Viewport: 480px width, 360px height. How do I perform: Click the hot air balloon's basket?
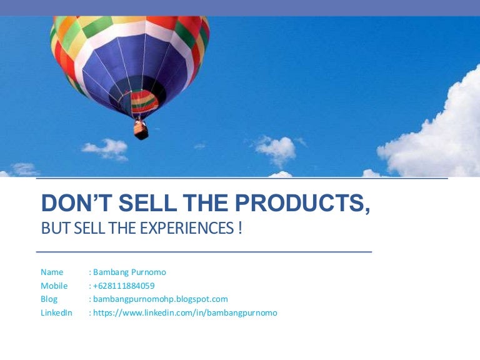click(x=141, y=130)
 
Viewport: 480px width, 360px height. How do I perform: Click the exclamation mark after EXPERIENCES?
click(x=240, y=228)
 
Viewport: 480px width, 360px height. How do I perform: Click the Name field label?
click(x=52, y=272)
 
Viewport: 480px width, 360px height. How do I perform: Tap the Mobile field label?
click(x=54, y=286)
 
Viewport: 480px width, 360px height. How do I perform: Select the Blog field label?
click(x=49, y=299)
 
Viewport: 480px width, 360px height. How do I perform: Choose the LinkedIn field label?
click(x=56, y=312)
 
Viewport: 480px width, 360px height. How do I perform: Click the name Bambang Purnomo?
click(x=130, y=272)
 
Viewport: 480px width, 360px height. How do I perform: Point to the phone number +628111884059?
click(x=124, y=286)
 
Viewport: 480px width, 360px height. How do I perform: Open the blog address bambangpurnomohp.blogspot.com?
click(x=160, y=299)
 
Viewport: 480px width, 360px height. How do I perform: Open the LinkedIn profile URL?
click(x=185, y=312)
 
